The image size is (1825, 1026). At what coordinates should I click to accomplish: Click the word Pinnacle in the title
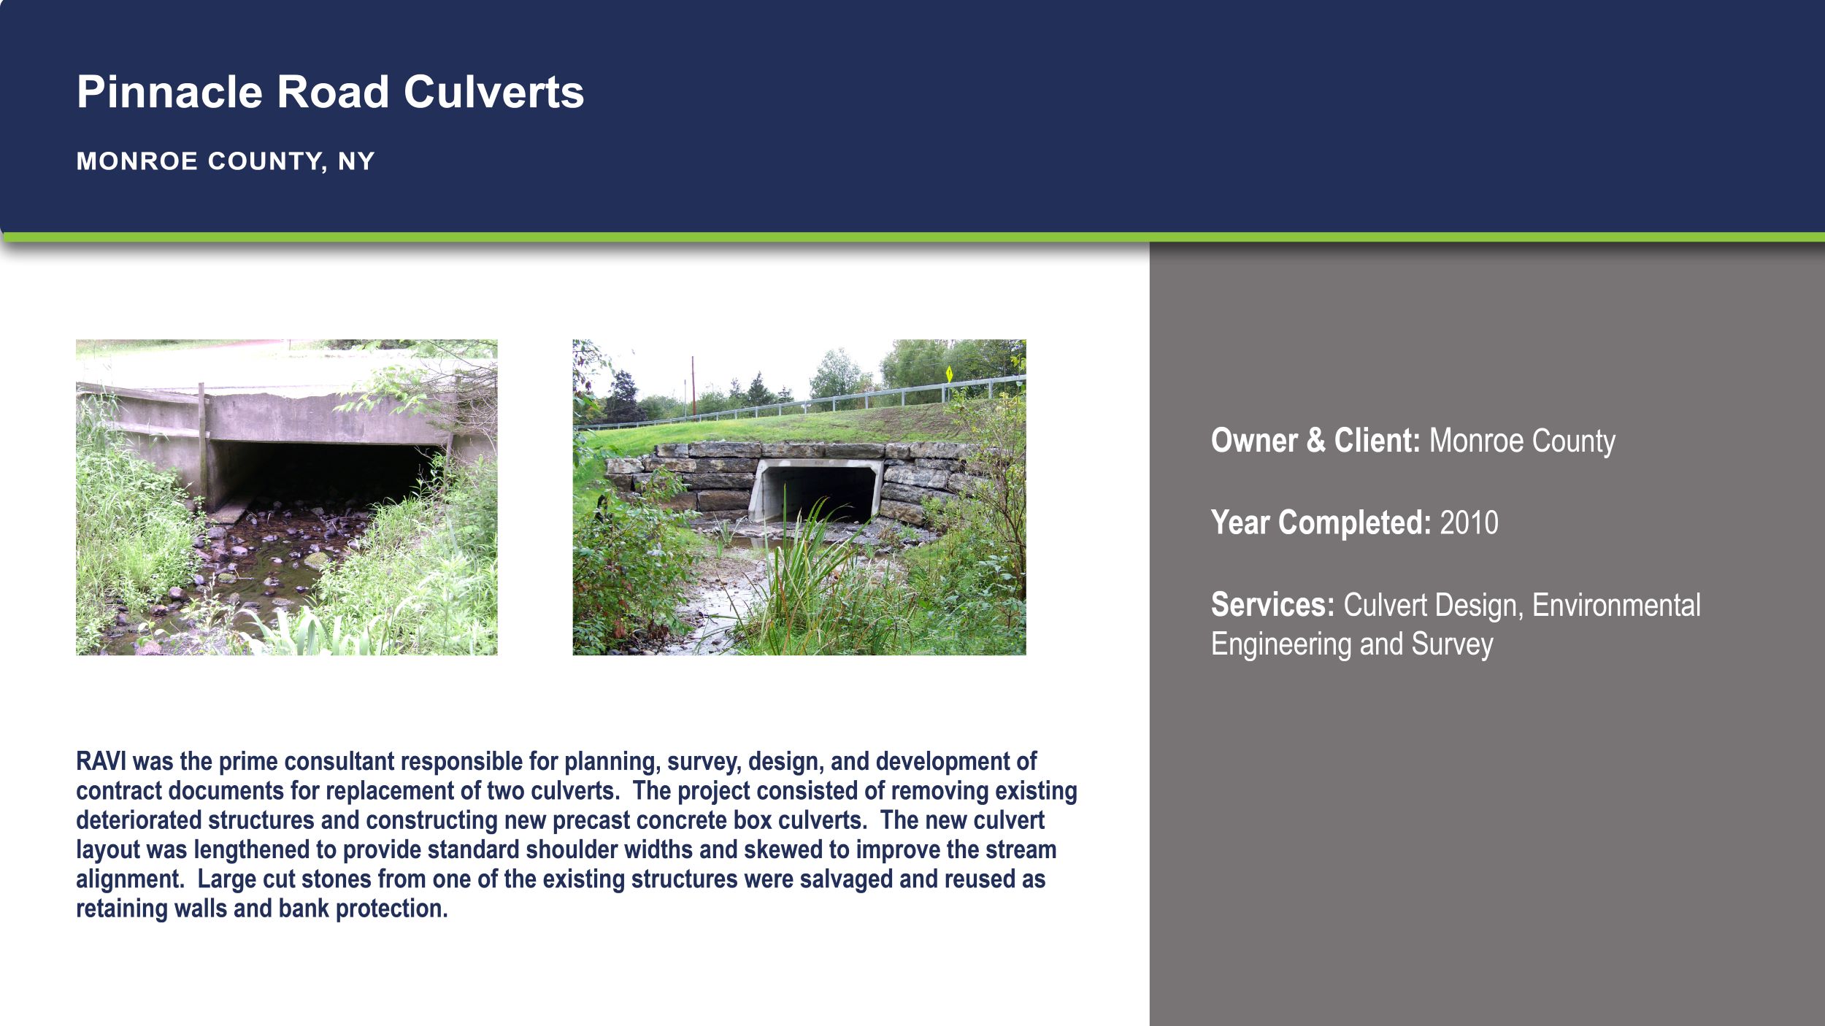tap(169, 92)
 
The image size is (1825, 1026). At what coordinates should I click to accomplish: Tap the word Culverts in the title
tap(493, 92)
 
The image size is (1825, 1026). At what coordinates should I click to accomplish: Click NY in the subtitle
tap(356, 161)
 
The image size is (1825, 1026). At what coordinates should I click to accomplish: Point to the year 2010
tap(1469, 522)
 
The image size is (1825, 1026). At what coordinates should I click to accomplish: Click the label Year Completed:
tap(1321, 522)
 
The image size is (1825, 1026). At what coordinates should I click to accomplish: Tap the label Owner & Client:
tap(1315, 441)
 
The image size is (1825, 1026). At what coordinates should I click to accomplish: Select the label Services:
tap(1272, 605)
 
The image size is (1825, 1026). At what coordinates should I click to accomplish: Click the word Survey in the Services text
tap(1452, 644)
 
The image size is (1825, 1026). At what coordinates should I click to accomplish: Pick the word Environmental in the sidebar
tap(1615, 605)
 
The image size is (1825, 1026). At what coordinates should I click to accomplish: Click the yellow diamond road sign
tap(949, 374)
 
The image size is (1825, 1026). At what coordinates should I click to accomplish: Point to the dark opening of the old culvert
tap(321, 471)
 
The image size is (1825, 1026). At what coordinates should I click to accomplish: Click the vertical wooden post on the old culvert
tap(202, 445)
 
